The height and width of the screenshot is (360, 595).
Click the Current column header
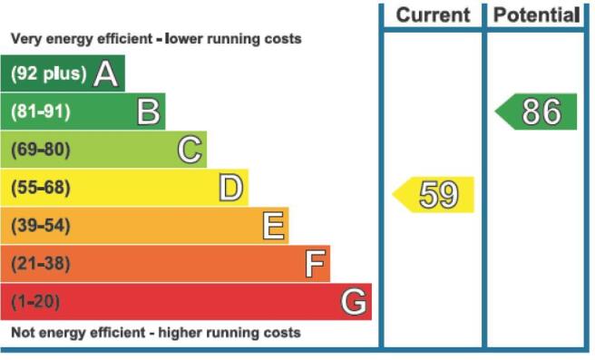(433, 15)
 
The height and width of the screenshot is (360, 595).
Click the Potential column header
(537, 15)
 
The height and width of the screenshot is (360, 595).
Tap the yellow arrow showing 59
(433, 195)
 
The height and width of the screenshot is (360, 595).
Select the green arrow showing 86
(536, 112)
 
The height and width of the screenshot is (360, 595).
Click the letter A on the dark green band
(105, 73)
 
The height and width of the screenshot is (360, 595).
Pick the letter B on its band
(149, 112)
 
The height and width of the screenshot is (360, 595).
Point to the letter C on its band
(190, 150)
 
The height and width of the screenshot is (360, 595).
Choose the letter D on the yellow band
(230, 188)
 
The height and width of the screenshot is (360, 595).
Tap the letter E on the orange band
(273, 226)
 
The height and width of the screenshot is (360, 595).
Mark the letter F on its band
(316, 264)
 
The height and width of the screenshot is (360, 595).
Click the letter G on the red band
(354, 302)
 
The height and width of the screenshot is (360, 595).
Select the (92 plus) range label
(49, 73)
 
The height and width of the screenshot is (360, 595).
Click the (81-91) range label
(41, 112)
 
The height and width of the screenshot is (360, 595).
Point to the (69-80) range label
(41, 150)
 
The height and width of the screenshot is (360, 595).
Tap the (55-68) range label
(41, 188)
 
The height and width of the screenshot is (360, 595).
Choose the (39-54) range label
(41, 225)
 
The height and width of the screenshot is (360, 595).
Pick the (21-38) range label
(41, 263)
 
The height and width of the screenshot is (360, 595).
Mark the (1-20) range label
(35, 302)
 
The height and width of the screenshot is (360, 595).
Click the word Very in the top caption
(25, 39)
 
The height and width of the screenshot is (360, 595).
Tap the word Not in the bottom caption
(24, 333)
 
